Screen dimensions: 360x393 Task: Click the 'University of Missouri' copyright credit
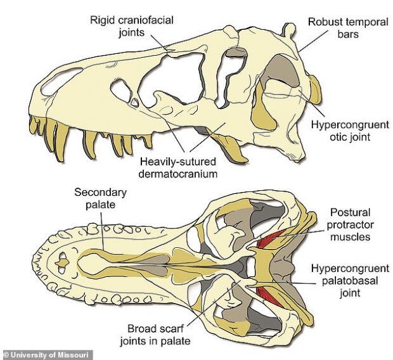[48, 354]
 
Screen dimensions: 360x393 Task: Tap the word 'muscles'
[353, 237]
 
